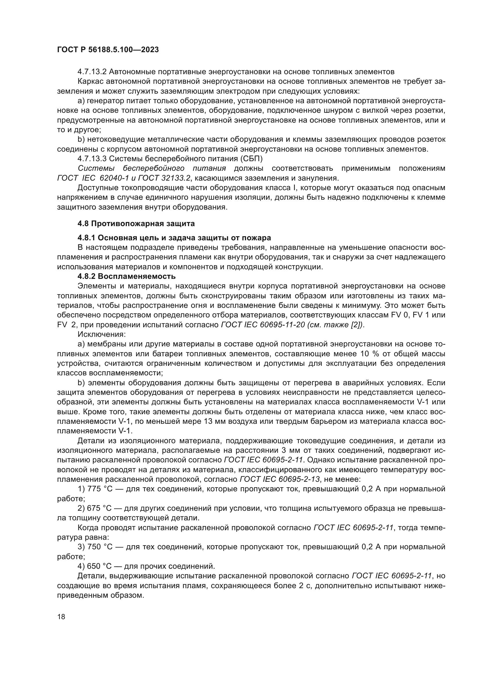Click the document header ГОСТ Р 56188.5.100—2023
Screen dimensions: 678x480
pos(108,50)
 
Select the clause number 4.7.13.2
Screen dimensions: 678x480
pos(92,72)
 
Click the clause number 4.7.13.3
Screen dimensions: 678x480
pos(92,159)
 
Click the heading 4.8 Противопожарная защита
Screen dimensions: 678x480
pos(136,223)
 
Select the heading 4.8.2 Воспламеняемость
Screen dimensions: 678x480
pos(127,277)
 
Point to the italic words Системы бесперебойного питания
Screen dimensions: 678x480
pos(151,168)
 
